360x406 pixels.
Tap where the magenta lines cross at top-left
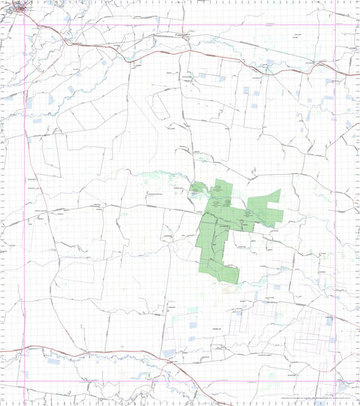pyautogui.click(x=25, y=26)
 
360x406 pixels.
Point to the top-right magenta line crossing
pyautogui.click(x=335, y=26)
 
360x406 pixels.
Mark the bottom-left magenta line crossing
pyautogui.click(x=25, y=381)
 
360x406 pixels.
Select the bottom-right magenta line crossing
pyautogui.click(x=335, y=381)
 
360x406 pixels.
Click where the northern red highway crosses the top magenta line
pyautogui.click(x=54, y=26)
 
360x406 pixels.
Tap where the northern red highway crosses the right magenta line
pyautogui.click(x=335, y=72)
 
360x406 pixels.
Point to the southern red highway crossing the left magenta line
pyautogui.click(x=25, y=347)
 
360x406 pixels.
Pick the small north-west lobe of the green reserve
pyautogui.click(x=196, y=191)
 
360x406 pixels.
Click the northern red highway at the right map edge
pyautogui.click(x=358, y=74)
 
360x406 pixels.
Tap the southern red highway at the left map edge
pyautogui.click(x=2, y=348)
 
